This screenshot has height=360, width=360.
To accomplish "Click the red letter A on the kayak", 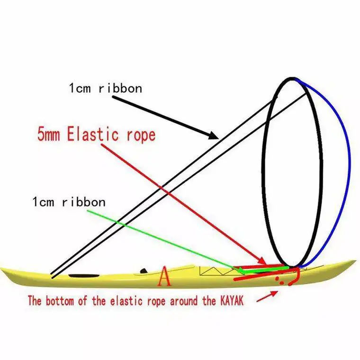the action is (164, 277).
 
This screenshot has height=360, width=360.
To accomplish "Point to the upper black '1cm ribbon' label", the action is (105, 88).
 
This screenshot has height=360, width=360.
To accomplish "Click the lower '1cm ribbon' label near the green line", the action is (69, 202).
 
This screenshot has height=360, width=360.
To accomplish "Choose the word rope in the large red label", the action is (138, 135).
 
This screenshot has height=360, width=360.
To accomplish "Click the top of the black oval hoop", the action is (293, 79).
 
